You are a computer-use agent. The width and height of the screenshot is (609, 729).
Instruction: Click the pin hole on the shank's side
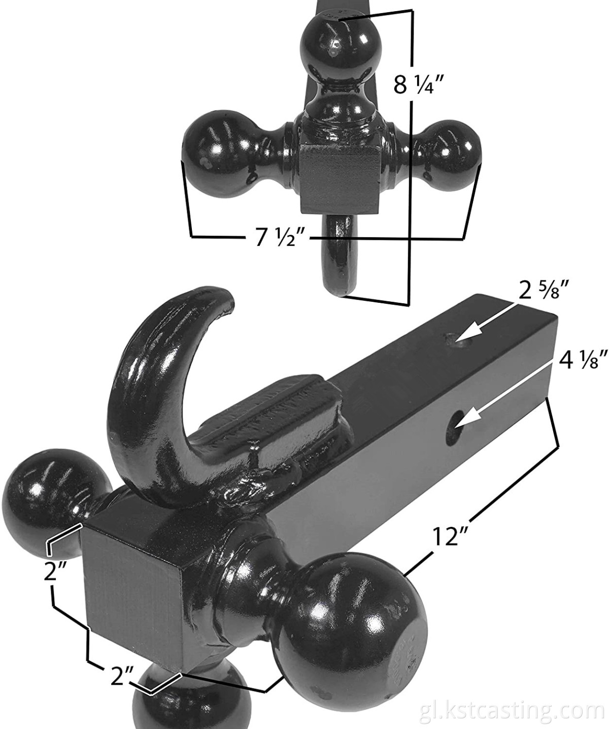tap(454, 420)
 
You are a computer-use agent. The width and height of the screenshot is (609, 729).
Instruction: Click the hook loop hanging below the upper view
tap(339, 254)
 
